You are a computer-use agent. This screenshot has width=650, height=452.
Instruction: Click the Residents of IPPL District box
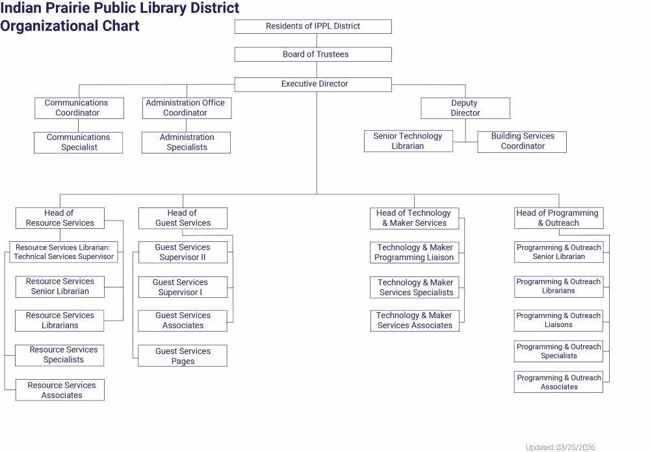(x=313, y=27)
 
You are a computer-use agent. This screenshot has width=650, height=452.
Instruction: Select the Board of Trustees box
(x=313, y=55)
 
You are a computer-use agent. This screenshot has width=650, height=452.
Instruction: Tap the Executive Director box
(x=313, y=85)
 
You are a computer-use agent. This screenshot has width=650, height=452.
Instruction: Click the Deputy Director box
(x=465, y=108)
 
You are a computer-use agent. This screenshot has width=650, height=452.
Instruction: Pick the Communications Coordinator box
(x=79, y=108)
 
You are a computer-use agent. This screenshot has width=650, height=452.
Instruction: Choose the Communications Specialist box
(x=78, y=142)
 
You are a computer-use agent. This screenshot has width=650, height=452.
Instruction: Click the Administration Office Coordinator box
(x=187, y=108)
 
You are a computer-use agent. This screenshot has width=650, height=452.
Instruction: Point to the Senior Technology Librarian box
(x=408, y=141)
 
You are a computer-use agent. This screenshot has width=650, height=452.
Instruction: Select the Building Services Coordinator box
(x=521, y=141)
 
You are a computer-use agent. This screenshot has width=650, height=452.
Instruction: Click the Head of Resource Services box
(x=60, y=218)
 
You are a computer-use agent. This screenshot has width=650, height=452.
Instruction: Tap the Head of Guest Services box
(x=183, y=218)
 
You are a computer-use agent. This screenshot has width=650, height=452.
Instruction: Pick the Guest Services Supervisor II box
(x=183, y=252)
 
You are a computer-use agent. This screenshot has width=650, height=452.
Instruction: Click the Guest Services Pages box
(x=183, y=356)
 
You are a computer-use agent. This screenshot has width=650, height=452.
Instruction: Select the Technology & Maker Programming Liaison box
(x=415, y=252)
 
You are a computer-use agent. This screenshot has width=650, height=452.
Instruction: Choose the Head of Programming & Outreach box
(x=558, y=218)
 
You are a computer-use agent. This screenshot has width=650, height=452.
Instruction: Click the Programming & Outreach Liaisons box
(x=558, y=320)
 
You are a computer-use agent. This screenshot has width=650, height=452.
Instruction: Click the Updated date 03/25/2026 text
(x=560, y=447)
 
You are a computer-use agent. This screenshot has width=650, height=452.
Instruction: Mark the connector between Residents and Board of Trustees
(x=317, y=40)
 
